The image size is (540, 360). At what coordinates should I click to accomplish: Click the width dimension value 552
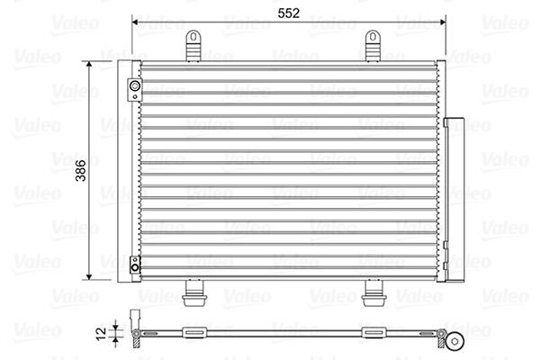[289, 13]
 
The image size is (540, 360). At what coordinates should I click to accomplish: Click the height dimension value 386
[81, 170]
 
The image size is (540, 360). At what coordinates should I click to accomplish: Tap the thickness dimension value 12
[101, 334]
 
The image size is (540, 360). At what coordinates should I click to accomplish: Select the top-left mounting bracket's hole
[193, 37]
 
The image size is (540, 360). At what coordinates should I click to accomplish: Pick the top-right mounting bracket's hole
[373, 37]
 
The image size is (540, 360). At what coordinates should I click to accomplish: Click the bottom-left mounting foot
[194, 293]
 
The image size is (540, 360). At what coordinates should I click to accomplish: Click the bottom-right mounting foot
[373, 293]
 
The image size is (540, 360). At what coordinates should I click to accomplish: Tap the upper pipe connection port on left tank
[135, 86]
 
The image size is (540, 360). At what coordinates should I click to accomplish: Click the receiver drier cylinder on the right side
[454, 200]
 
